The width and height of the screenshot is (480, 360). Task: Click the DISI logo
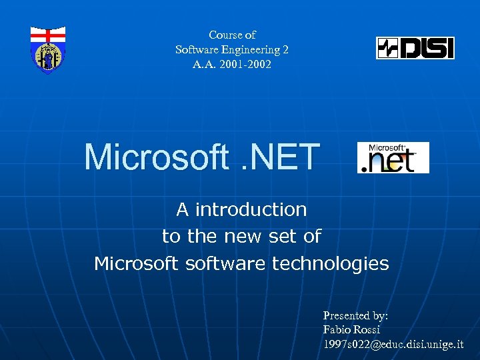[x=415, y=48]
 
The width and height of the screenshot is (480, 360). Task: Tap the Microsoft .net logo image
[x=393, y=158]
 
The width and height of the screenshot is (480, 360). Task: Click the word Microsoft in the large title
[x=155, y=157]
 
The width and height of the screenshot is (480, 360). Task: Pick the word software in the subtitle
[x=225, y=263]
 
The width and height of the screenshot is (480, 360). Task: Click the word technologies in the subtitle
[x=330, y=263]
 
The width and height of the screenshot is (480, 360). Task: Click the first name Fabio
[x=337, y=329]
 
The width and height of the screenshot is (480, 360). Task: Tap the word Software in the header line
[x=197, y=49]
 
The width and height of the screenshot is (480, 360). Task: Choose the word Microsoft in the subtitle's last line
[x=136, y=263]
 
